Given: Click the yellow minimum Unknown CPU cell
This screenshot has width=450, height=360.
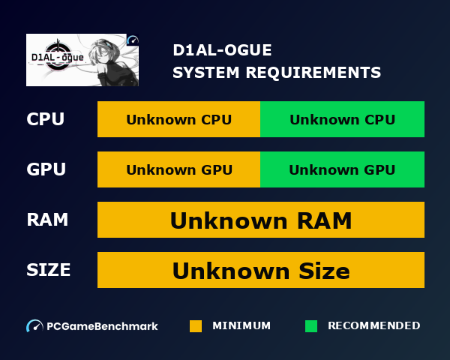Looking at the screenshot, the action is click(x=178, y=119).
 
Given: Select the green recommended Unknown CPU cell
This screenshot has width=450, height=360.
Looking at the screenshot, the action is click(x=343, y=119).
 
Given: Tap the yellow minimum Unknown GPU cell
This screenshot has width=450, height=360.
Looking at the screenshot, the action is click(x=178, y=169).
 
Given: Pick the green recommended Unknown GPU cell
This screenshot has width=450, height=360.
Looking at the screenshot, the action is click(x=343, y=169).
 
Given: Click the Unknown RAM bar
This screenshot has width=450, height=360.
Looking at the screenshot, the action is click(x=261, y=220).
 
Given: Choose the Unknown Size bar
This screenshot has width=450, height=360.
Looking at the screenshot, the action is click(x=261, y=270).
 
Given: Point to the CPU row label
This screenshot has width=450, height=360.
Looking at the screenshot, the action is click(x=45, y=119).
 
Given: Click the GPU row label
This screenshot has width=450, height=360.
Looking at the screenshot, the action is click(x=46, y=169).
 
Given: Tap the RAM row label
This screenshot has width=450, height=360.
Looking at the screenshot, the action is click(x=47, y=220).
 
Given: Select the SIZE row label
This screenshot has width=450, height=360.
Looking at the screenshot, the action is click(x=49, y=270).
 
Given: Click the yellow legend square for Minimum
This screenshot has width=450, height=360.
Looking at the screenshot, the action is click(x=196, y=326).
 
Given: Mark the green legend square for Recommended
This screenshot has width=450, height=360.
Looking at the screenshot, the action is click(x=311, y=326).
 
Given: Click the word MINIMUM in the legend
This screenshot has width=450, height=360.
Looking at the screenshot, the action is click(x=241, y=325).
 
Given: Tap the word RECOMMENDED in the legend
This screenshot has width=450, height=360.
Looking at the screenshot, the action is click(x=374, y=325).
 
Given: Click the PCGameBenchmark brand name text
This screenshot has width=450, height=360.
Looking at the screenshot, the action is click(x=102, y=326).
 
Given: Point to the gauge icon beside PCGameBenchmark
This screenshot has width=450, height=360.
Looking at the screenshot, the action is click(x=34, y=326).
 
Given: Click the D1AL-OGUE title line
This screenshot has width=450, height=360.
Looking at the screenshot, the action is click(x=222, y=50).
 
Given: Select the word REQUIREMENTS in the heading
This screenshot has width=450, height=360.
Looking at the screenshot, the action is click(x=313, y=72).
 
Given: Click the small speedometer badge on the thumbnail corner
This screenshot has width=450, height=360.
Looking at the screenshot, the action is click(x=133, y=40).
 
